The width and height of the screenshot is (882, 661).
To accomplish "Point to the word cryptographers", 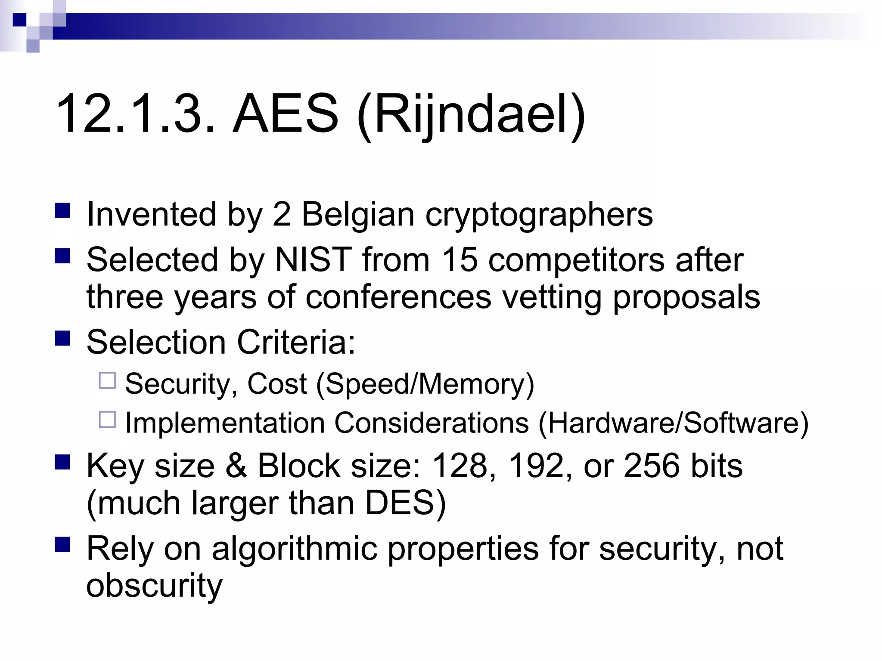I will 539,214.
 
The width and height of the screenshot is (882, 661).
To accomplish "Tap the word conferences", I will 398,297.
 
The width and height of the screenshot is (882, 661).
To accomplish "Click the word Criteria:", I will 296,342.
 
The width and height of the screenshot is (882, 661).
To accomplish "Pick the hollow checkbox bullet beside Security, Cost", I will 107,380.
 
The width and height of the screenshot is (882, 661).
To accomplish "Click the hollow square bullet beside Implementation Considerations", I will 107,420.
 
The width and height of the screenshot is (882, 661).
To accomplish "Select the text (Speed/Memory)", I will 425,383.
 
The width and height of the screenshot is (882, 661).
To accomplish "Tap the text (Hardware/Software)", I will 673,423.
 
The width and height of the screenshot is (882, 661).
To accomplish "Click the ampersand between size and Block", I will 236,466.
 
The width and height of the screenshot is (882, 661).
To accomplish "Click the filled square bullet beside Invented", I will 62,211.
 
